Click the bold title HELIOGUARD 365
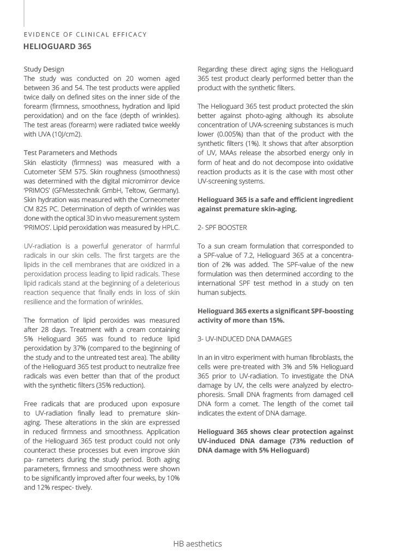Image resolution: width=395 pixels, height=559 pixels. click(x=57, y=46)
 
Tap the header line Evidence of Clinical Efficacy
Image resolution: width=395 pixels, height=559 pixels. click(x=85, y=34)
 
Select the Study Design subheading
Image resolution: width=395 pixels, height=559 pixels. click(x=44, y=69)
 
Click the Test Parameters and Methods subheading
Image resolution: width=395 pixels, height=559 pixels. click(x=70, y=153)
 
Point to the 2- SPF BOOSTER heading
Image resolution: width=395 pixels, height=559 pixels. click(x=222, y=227)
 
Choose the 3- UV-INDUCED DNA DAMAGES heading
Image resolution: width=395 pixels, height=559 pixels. click(x=244, y=339)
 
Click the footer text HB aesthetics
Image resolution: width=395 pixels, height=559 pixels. click(x=197, y=544)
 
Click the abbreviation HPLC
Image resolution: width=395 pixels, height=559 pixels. click(x=169, y=227)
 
